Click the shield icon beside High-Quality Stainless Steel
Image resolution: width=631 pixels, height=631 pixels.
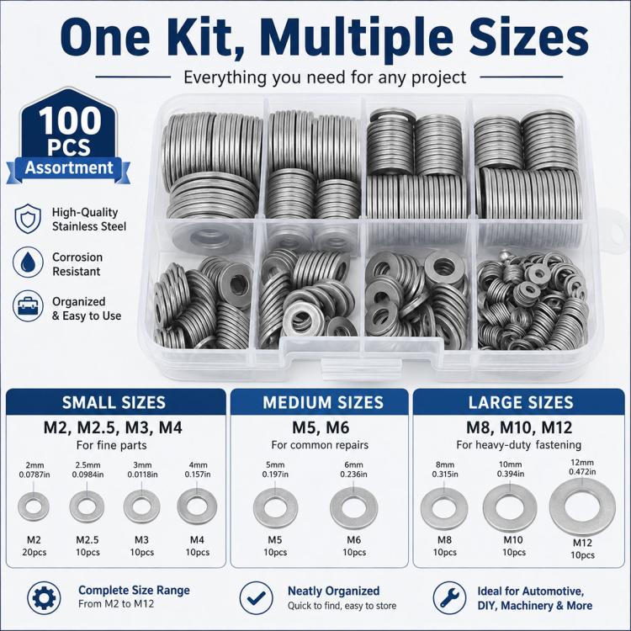coord(28,219)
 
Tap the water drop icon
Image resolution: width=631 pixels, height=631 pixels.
coord(28,262)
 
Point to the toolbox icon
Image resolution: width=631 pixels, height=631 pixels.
coord(28,306)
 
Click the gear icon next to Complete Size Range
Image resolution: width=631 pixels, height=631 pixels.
coord(44,597)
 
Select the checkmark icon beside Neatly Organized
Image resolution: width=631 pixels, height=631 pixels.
coord(256,597)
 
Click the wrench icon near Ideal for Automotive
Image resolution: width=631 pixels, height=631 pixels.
coord(449,597)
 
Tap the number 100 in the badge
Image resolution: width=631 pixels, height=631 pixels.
coord(70,120)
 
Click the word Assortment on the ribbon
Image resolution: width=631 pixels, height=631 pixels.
coord(69,167)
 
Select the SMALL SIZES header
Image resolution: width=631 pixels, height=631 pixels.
coord(114,402)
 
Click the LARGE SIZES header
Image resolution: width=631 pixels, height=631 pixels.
coord(521,402)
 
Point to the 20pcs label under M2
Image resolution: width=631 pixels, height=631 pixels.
coord(34,552)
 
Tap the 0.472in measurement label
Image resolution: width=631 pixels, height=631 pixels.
coord(582,472)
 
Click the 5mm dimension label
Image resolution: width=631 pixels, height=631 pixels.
coord(275,464)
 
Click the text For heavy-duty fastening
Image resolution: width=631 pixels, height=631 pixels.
coord(519,445)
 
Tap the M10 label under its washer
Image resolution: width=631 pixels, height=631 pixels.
coord(513,539)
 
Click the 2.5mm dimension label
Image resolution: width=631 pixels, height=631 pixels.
coord(87,464)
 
